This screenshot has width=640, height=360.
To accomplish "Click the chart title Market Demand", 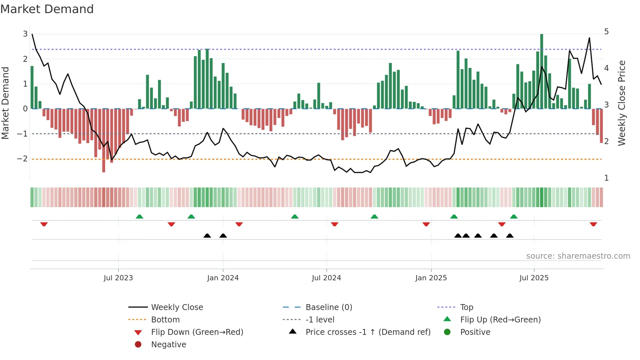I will (47, 9).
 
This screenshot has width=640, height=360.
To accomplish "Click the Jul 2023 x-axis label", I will (118, 278).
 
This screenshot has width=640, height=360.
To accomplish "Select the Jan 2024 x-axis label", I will (223, 278).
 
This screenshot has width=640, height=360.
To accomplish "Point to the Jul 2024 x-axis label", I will (326, 278).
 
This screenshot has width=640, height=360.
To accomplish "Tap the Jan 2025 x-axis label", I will (431, 278).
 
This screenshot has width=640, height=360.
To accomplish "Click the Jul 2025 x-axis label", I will (534, 278).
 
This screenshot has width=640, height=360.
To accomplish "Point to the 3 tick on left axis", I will (25, 34).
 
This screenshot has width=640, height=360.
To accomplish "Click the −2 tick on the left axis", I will (22, 159).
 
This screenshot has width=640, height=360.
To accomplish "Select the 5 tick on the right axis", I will (606, 32).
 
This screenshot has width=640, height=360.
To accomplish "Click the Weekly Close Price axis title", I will (622, 103).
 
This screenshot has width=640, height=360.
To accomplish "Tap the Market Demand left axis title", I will (6, 103).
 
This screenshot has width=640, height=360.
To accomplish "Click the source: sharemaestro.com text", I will (578, 256).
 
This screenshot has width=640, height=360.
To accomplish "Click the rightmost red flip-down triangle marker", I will (593, 224).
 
